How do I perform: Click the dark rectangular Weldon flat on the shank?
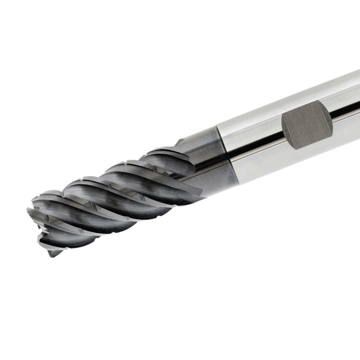(306, 125)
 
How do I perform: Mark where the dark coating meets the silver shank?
(228, 156)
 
